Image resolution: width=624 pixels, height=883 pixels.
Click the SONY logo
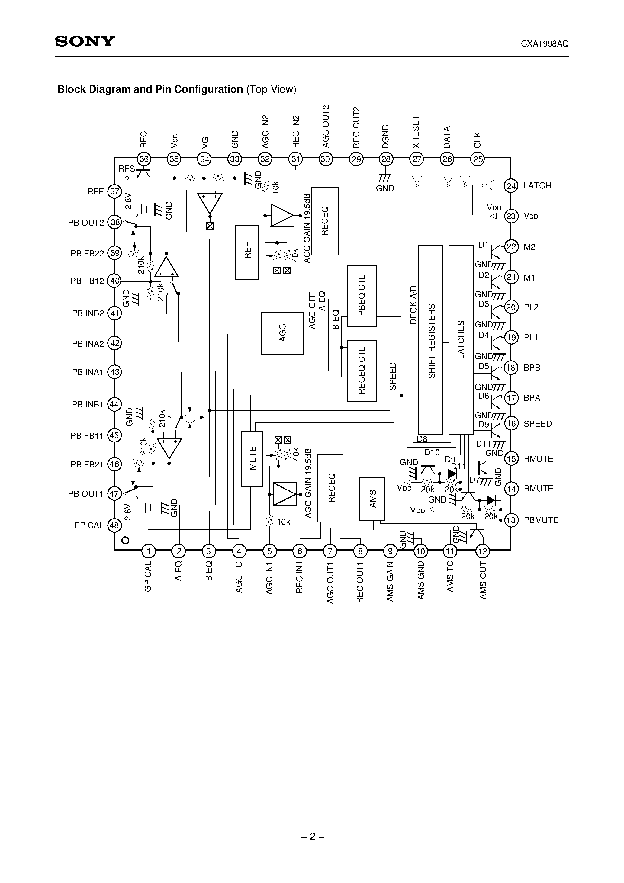[85, 42]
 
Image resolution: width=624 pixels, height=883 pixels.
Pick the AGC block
[282, 333]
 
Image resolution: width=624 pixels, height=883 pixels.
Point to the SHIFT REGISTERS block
[430, 340]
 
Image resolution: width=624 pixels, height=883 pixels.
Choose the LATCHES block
[461, 340]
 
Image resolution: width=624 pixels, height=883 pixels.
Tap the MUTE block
[252, 458]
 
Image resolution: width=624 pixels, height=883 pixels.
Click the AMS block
[372, 499]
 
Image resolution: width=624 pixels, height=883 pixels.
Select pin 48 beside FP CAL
[114, 525]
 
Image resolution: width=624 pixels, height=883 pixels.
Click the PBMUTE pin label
[541, 520]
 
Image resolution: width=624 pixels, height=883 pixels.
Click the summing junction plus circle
[190, 418]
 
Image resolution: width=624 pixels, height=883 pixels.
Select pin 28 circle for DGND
[385, 159]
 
